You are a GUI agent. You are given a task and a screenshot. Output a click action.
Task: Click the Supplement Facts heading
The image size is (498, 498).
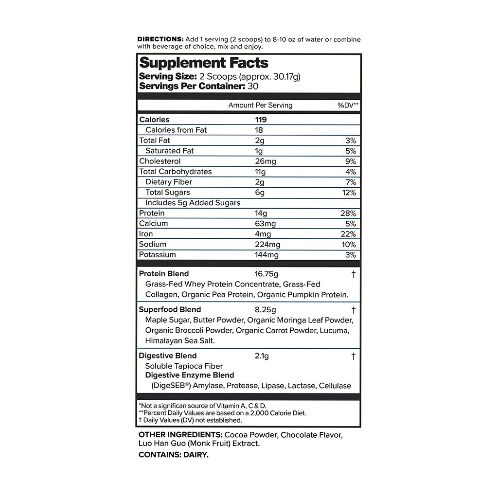coord(204,63)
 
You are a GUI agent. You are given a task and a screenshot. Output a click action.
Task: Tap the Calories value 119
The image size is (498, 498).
coord(261,120)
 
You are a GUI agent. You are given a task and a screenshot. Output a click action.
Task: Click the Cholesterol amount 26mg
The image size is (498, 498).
coord(266,161)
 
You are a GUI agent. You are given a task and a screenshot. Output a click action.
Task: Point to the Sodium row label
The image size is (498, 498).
coord(153,245)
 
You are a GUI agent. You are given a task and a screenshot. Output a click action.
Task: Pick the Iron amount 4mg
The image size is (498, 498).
coord(262,234)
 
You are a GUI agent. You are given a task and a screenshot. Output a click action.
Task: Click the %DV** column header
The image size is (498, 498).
coord(348,106)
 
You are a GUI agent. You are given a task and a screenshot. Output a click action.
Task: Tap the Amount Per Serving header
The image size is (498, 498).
coord(261,106)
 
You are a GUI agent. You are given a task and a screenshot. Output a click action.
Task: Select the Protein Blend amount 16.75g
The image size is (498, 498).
coord(267,274)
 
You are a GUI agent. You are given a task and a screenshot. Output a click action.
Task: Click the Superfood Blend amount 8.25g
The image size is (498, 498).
coord(266,310)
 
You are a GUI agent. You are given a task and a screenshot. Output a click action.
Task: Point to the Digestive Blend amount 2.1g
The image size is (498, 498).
coord(262,356)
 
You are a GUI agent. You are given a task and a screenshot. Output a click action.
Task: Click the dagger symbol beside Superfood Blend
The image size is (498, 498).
coord(354,310)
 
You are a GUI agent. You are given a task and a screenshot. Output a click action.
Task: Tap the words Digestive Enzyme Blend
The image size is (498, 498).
coord(190,375)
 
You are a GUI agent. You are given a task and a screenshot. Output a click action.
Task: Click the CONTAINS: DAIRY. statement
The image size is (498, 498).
coord(174,455)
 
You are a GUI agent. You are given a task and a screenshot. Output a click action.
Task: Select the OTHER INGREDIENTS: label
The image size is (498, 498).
coord(180,435)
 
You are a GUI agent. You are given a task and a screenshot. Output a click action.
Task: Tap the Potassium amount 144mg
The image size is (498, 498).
coord(267,255)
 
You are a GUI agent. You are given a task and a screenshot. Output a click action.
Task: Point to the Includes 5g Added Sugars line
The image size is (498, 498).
coord(193,203)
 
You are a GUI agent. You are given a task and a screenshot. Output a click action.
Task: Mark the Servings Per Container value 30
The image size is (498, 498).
coord(253,86)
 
